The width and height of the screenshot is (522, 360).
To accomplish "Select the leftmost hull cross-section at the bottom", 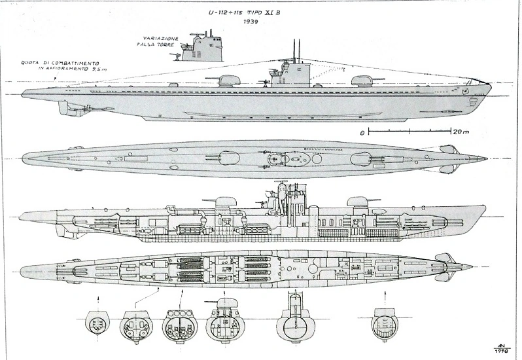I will click(x=96, y=323).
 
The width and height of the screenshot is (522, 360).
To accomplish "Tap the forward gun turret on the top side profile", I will click(x=364, y=81).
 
